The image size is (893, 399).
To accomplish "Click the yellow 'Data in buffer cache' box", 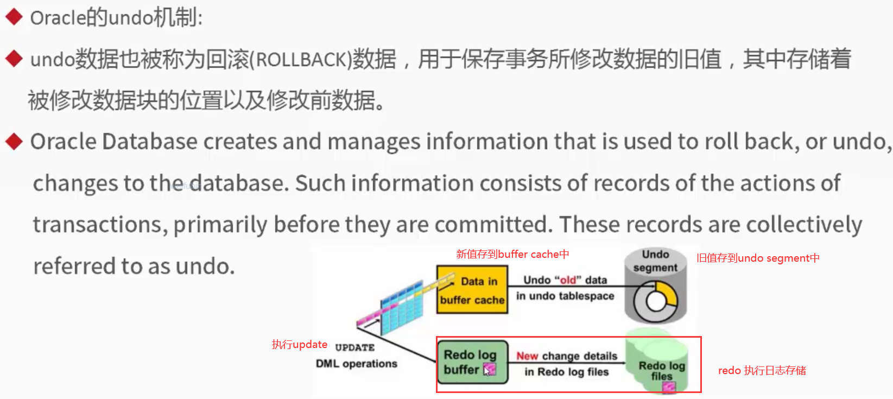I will pos(472,290).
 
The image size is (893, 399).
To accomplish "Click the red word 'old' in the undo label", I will pos(568,280).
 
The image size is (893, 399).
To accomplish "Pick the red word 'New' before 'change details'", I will pos(527,356).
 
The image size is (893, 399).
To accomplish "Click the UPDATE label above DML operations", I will pos(354,347).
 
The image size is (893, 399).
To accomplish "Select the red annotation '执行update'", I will pos(300,344).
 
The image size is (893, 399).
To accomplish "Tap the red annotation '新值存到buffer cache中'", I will pos(512,254).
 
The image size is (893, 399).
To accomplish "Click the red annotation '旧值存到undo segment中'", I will pos(758,258).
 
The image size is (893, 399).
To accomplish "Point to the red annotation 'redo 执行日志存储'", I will pos(762,370).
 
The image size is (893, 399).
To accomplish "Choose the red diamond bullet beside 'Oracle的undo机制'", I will pos(14,17).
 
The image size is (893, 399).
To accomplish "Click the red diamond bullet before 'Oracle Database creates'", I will pos(14,141).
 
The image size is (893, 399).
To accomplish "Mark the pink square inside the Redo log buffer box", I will pos(489,370).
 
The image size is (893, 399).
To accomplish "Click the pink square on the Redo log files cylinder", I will pos(669,387).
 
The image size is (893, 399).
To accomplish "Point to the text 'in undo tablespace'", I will pos(565,296).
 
